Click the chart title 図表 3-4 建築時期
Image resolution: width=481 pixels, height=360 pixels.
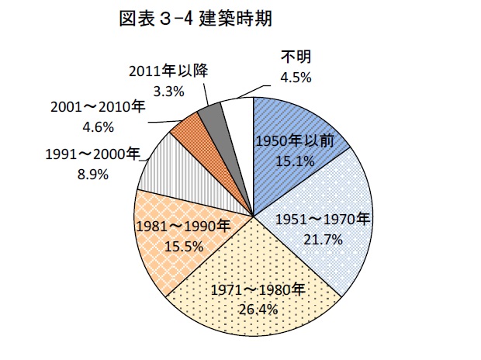click(196, 19)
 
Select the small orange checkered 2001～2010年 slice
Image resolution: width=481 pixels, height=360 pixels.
click(186, 132)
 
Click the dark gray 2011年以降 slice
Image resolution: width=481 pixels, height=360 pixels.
click(209, 116)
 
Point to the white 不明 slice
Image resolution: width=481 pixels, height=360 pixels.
click(237, 116)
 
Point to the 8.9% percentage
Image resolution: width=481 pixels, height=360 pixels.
click(92, 173)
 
